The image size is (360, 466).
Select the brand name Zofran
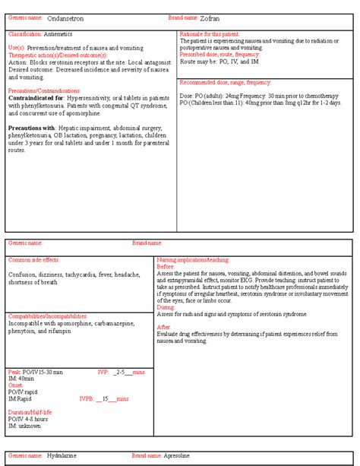[212, 17]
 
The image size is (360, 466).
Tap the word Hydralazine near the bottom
[62, 456]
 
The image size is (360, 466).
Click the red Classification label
[24, 35]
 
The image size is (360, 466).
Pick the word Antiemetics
[60, 35]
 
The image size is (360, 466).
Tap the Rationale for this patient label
[208, 35]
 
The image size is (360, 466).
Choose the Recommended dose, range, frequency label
[225, 82]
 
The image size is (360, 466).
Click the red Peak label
[14, 372]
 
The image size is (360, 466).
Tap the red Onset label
[16, 385]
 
